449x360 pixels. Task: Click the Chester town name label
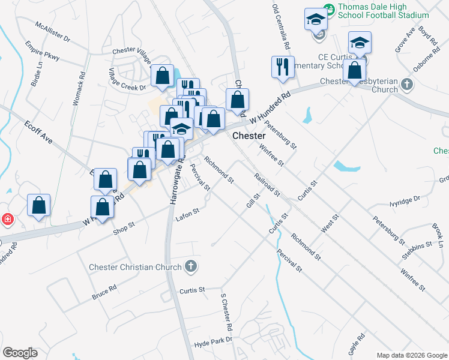coord(249,136)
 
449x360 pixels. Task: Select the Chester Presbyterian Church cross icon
coord(407,83)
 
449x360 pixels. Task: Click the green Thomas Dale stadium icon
coord(328,9)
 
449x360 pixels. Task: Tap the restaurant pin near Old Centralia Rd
coord(283,67)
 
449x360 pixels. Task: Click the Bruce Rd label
coord(104,293)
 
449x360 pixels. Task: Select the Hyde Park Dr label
coord(212,344)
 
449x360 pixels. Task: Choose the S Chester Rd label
coord(226,313)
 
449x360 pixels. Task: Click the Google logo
coord(20,353)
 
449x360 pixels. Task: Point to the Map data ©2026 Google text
coord(411,355)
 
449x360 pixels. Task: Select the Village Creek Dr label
coord(127,79)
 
